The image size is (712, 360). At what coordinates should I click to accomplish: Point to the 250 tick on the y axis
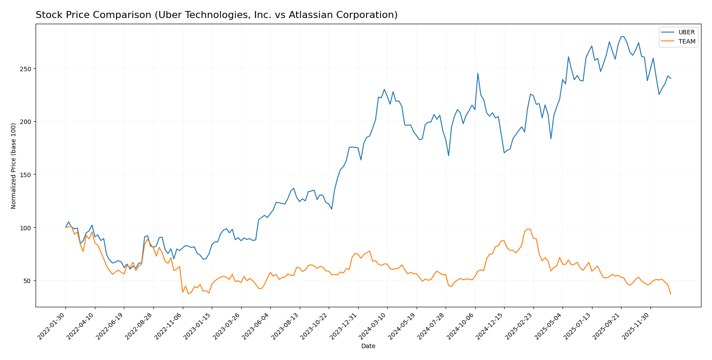27,69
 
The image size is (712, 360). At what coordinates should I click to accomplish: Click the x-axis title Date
368,346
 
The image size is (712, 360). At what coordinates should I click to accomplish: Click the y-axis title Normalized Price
14,166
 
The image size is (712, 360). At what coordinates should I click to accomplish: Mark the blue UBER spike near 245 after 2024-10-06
478,73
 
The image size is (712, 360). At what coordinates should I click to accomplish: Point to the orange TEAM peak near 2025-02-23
528,229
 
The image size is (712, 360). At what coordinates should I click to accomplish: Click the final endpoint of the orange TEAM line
671,294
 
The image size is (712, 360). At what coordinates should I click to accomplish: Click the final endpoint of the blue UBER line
671,78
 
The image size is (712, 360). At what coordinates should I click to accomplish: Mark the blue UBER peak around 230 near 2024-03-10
384,89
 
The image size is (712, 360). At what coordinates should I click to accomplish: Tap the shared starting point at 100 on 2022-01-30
65,227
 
